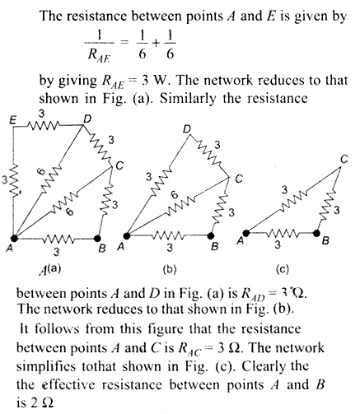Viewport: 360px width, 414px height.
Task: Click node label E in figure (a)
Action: coord(12,120)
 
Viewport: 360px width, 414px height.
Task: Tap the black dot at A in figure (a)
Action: coord(14,238)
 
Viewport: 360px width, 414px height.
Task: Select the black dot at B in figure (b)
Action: coord(211,235)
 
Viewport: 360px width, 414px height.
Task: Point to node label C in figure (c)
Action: coord(344,159)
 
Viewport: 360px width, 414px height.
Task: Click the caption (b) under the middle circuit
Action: coord(170,270)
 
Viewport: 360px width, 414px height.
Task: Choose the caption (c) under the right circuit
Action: coord(283,270)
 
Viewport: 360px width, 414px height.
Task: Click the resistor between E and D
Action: coord(43,126)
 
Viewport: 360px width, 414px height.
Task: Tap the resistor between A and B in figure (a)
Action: coord(58,239)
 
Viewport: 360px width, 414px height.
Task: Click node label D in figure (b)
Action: coord(187,129)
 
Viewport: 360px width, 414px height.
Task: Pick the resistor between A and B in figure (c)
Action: coord(283,234)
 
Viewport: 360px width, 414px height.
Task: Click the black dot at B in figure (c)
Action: coord(317,233)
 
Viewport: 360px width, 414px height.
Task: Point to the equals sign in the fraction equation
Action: coord(125,43)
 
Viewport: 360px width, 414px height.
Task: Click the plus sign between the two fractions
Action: coord(156,43)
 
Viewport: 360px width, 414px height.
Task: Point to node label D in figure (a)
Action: coord(87,119)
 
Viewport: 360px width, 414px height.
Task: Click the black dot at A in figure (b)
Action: coord(127,235)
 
